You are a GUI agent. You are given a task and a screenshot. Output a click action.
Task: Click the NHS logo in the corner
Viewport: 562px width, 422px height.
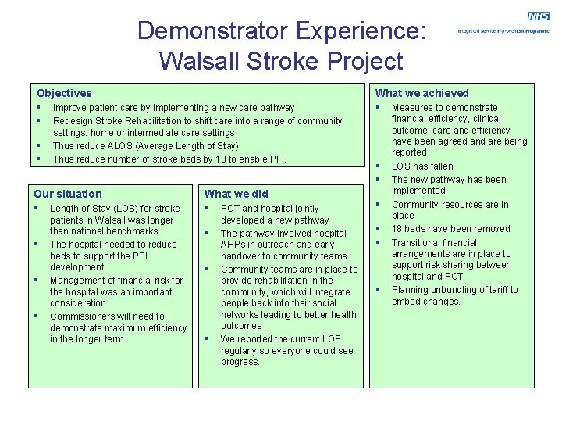pyautogui.click(x=538, y=16)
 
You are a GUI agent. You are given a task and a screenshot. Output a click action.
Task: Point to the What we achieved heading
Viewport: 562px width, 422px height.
pyautogui.click(x=422, y=93)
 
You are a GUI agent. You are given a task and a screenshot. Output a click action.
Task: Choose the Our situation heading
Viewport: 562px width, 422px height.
pyautogui.click(x=68, y=194)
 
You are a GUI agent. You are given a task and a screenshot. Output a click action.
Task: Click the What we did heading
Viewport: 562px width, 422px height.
pyautogui.click(x=236, y=194)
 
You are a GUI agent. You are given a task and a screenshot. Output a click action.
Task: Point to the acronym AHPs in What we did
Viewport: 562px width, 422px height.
pyautogui.click(x=234, y=245)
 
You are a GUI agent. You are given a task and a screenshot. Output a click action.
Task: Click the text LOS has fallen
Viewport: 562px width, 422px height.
pyautogui.click(x=421, y=166)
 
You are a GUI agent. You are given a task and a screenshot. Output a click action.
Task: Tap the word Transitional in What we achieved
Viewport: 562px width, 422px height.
pyautogui.click(x=418, y=242)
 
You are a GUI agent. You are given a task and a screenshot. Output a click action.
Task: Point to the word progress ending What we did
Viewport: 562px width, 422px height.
pyautogui.click(x=240, y=362)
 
